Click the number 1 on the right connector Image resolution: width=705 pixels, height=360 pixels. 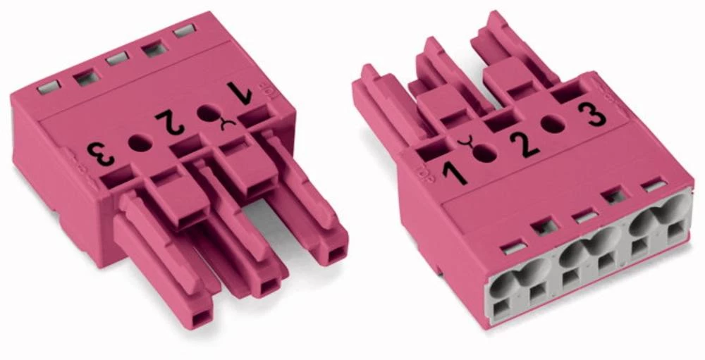(x=455, y=169)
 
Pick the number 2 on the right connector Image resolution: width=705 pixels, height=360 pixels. (x=524, y=142)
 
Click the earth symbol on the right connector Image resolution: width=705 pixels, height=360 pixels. (x=466, y=146)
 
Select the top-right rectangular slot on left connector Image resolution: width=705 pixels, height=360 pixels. (x=185, y=30)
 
